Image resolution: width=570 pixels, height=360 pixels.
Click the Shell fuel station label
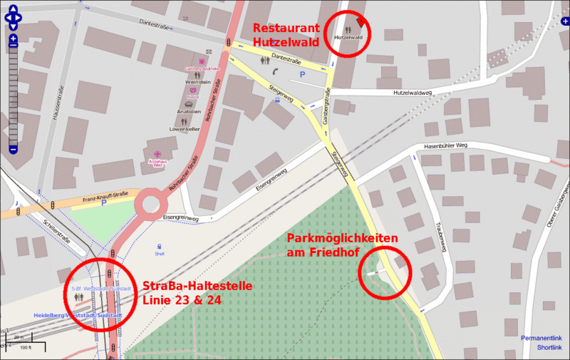click(x=159, y=252)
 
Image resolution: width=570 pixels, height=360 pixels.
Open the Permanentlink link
click(x=541, y=337)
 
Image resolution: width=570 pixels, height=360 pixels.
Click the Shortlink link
click(x=549, y=348)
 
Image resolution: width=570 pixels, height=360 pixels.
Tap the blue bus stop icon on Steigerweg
click(x=277, y=101)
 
